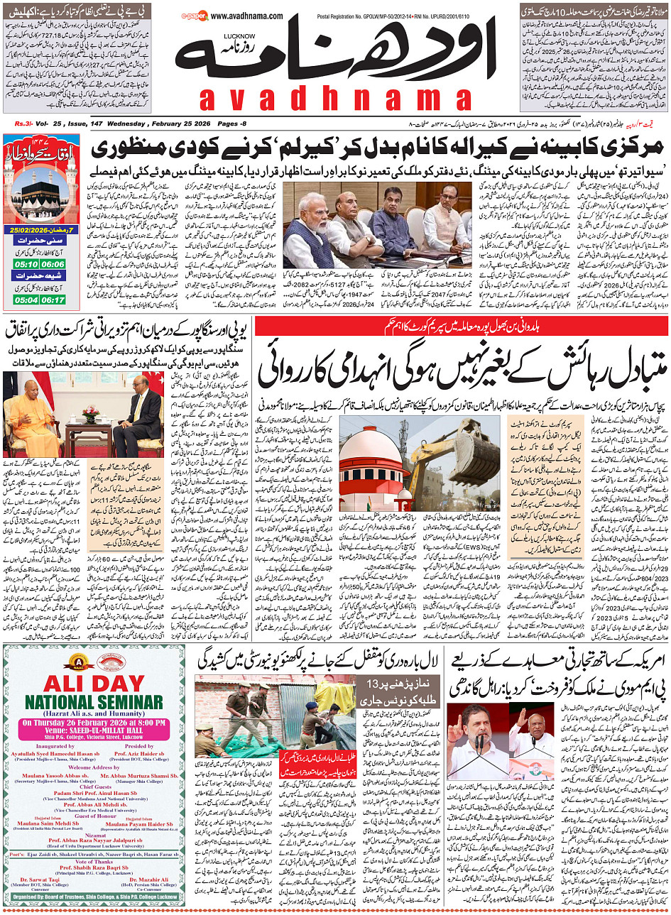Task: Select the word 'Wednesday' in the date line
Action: (x=120, y=124)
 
